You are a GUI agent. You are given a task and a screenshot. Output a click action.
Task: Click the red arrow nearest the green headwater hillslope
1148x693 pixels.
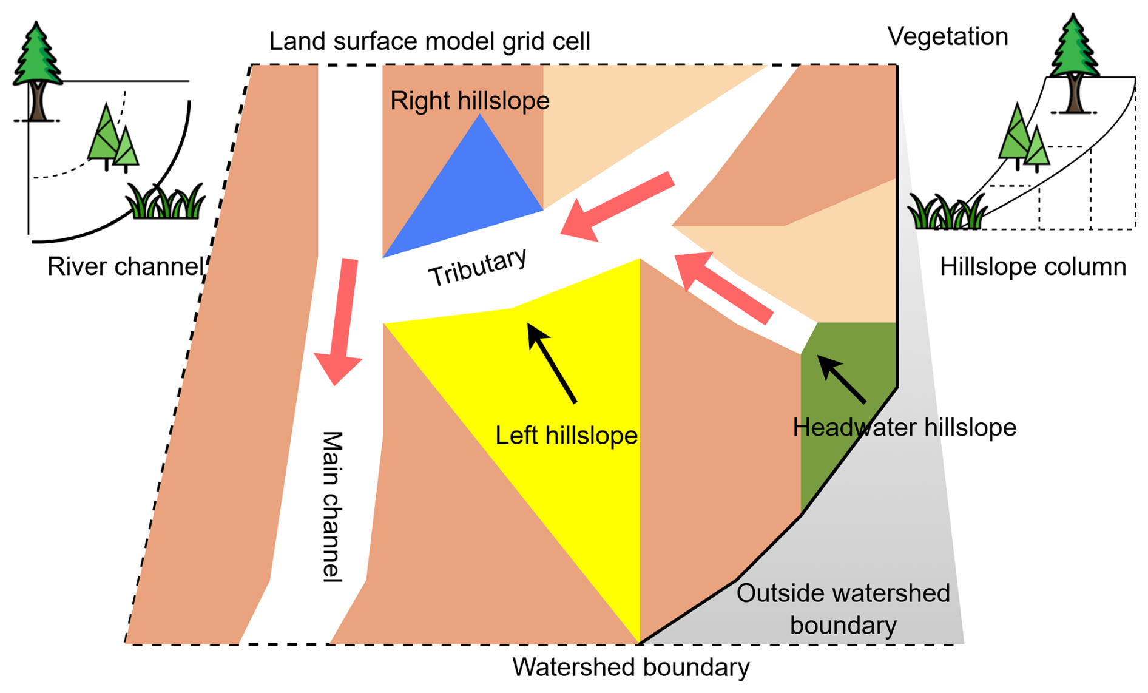pyautogui.click(x=722, y=288)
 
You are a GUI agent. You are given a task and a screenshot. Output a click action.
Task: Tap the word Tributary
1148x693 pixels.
pyautogui.click(x=478, y=267)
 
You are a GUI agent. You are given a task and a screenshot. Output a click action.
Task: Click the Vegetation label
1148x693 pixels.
pyautogui.click(x=947, y=36)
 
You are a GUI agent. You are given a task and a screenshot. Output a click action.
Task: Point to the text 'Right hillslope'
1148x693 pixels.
pyautogui.click(x=470, y=101)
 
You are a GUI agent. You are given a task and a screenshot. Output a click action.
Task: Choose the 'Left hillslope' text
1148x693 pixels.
pyautogui.click(x=566, y=436)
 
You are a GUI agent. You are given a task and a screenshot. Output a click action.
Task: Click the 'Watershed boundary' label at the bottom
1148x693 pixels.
pyautogui.click(x=630, y=667)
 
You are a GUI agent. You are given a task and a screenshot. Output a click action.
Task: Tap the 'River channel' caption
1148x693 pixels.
pyautogui.click(x=125, y=266)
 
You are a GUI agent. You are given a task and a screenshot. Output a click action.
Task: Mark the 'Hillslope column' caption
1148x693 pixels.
pyautogui.click(x=1033, y=266)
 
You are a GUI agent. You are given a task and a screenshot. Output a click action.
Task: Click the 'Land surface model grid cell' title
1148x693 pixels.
pyautogui.click(x=429, y=41)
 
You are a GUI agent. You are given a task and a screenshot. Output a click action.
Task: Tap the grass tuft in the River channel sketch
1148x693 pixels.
pyautogui.click(x=165, y=201)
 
